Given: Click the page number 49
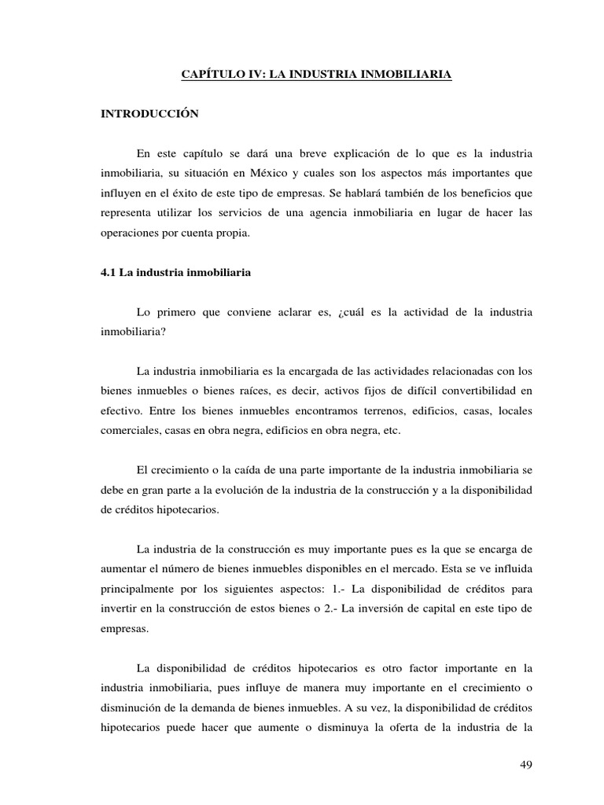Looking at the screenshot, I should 527,766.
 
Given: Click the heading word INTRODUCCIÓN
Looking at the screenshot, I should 149,114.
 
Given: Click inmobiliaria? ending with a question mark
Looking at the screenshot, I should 132,332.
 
